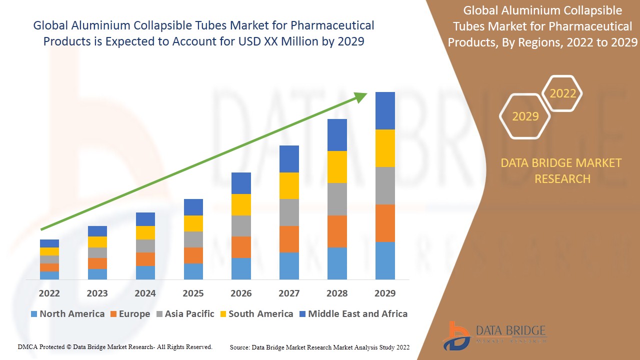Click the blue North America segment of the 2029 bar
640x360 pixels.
pyautogui.click(x=385, y=260)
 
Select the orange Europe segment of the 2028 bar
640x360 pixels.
pyautogui.click(x=337, y=231)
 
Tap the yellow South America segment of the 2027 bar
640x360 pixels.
pyautogui.click(x=289, y=185)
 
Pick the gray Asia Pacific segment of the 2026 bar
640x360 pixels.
pyautogui.click(x=241, y=225)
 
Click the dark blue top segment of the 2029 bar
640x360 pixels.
pyautogui.click(x=385, y=110)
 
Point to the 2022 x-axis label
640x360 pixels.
pyautogui.click(x=49, y=293)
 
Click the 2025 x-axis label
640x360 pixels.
pyautogui.click(x=193, y=293)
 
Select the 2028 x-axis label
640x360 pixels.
pyautogui.click(x=337, y=293)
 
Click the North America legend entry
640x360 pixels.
pyautogui.click(x=67, y=314)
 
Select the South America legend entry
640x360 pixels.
pyautogui.click(x=256, y=314)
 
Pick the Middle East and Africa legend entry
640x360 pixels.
pyautogui.click(x=353, y=314)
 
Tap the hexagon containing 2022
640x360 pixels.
pyautogui.click(x=562, y=93)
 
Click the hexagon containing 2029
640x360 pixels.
pyautogui.click(x=525, y=116)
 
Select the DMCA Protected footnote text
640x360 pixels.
pyautogui.click(x=115, y=346)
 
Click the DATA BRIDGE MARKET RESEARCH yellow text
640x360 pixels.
pyautogui.click(x=561, y=170)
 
